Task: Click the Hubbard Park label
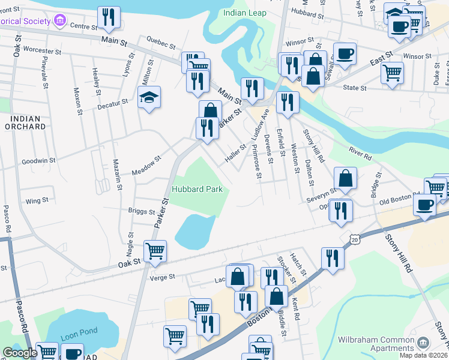coord(197,189)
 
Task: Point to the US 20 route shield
coord(354,239)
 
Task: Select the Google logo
coord(20,353)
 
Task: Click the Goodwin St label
coord(38,161)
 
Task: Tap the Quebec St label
coord(161,46)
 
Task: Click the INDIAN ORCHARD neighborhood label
coord(25,122)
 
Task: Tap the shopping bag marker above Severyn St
coord(346,178)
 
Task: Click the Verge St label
coord(163,277)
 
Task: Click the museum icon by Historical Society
coord(59,22)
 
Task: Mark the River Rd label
coord(358,154)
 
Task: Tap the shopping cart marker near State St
coord(392,73)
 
